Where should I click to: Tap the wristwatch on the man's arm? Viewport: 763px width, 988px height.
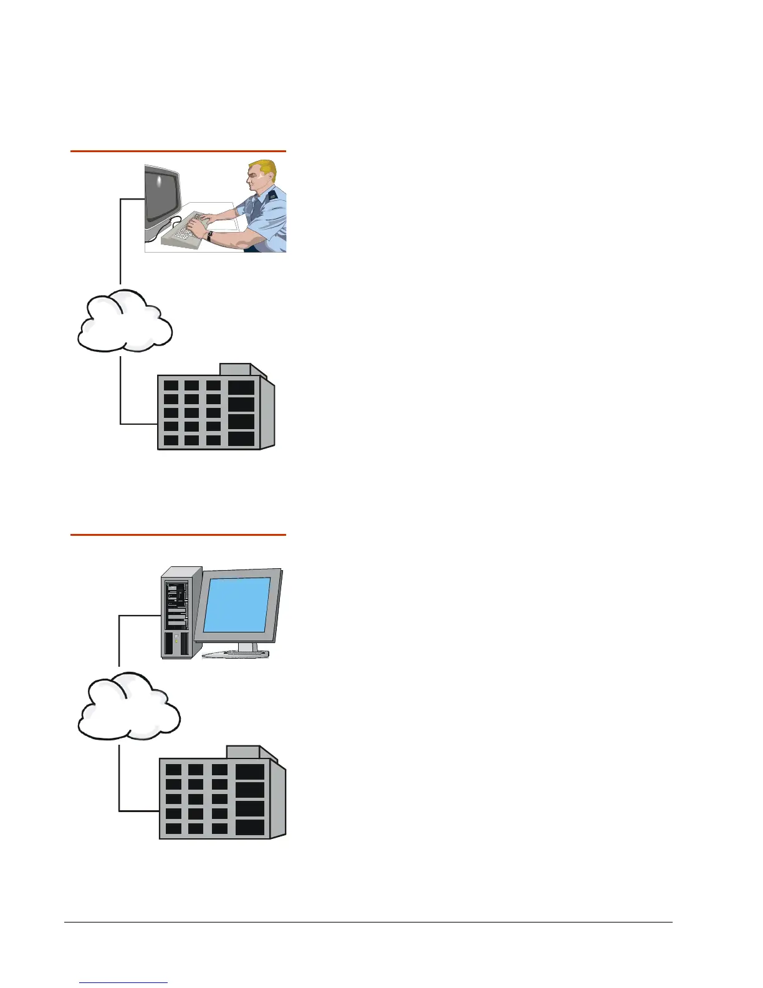click(211, 236)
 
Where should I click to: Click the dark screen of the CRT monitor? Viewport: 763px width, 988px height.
click(161, 193)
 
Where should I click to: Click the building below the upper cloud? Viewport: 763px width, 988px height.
click(215, 409)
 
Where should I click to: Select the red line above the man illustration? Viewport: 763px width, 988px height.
click(178, 151)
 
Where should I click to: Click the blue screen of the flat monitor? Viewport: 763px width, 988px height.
click(237, 605)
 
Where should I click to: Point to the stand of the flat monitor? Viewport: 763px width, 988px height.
click(246, 649)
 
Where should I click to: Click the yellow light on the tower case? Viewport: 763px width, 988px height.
click(176, 641)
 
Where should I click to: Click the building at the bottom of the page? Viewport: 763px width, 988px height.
click(221, 795)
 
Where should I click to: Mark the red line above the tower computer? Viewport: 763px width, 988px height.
click(178, 535)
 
